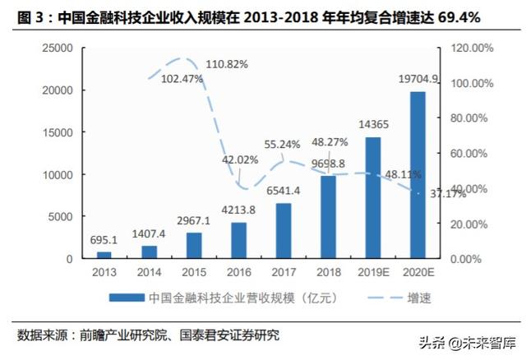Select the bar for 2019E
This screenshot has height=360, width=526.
[x=372, y=198]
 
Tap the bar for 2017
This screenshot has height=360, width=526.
[x=284, y=231]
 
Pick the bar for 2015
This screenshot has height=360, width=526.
[x=194, y=246]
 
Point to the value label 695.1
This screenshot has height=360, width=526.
[x=104, y=241]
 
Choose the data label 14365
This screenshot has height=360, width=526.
[x=373, y=125]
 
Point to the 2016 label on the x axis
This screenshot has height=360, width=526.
[x=238, y=271]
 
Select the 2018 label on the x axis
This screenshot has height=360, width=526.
[x=328, y=271]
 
